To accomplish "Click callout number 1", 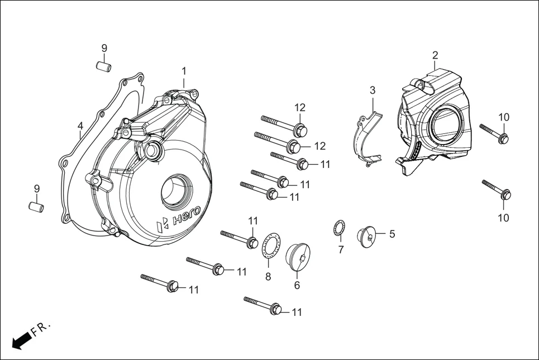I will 184,71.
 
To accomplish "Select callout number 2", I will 435,55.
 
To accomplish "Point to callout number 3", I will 373,90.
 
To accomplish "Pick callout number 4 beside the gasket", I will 80,126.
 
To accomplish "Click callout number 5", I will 392,234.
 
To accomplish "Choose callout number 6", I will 297,285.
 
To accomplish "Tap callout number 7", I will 341,249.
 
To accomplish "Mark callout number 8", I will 268,276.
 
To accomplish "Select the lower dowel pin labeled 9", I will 36,207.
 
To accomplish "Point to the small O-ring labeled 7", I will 338,228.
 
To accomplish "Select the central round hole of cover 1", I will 177,191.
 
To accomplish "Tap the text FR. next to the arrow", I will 41,329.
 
